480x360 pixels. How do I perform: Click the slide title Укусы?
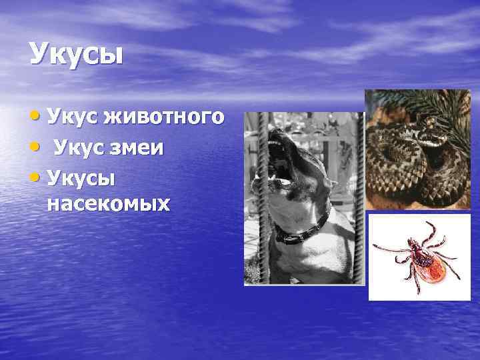point(76,54)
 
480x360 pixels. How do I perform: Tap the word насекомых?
point(109,203)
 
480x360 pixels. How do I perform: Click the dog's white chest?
point(313,263)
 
